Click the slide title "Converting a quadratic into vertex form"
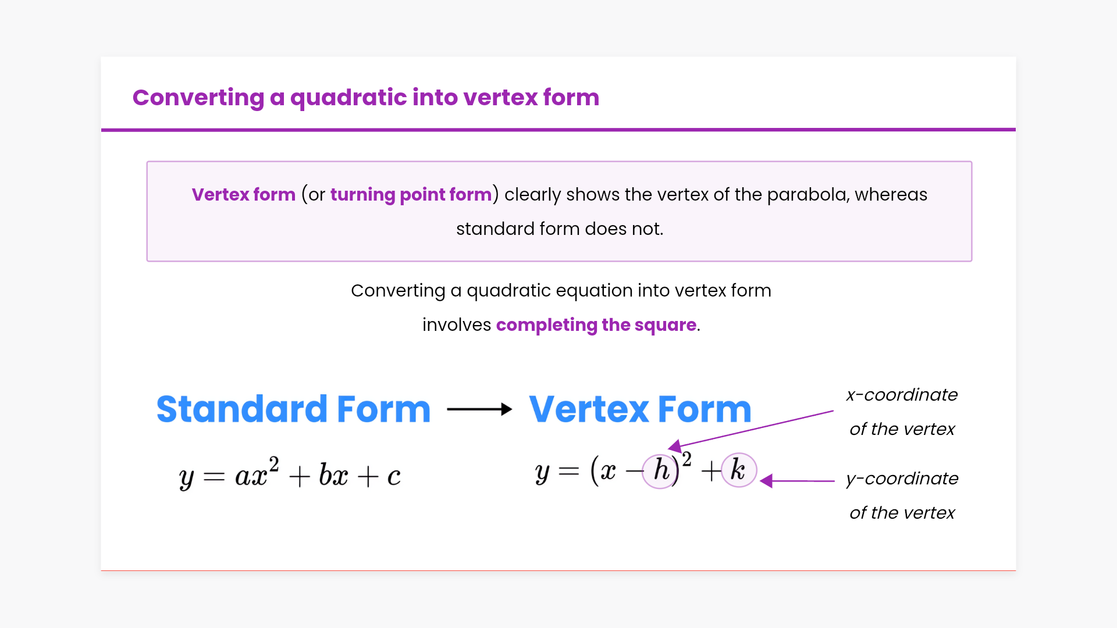[366, 98]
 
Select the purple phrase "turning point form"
[411, 195]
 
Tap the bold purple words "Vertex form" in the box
[244, 194]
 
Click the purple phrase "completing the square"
[596, 325]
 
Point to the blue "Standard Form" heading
[294, 409]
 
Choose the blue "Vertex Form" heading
[640, 409]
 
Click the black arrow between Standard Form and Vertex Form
[479, 409]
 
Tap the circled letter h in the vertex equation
[661, 470]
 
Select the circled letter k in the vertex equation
[739, 470]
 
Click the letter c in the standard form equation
[394, 477]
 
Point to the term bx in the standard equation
[333, 475]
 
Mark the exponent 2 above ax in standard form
[273, 464]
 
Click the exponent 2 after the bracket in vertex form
[686, 459]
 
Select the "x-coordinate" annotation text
[902, 395]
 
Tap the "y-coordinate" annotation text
[902, 479]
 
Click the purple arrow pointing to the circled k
[797, 481]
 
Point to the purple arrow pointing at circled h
[750, 429]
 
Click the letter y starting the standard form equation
[186, 479]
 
